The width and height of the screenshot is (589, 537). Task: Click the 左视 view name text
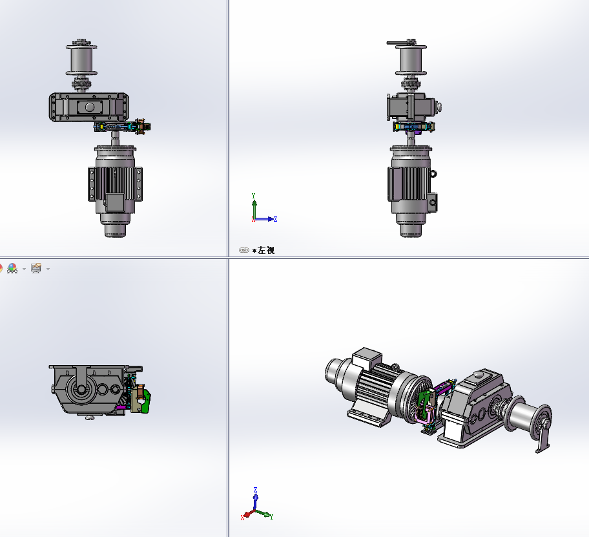point(266,250)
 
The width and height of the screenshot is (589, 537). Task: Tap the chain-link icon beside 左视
point(243,250)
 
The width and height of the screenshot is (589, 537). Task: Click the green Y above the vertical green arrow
point(254,196)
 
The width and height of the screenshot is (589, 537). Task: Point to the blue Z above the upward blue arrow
point(256,490)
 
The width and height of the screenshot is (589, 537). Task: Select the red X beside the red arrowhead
point(242,518)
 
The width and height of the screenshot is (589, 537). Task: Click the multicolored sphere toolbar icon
point(12,268)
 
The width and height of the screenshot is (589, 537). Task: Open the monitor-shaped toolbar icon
point(36,268)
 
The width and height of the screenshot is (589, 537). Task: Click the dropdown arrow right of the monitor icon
point(48,269)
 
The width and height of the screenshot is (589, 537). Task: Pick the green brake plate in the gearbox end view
point(146,401)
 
